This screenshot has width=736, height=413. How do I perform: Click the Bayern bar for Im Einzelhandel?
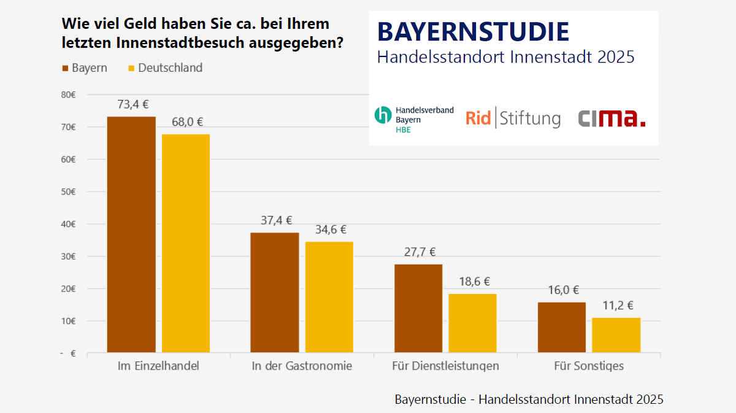point(131,234)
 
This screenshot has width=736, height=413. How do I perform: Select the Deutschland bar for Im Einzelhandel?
point(185,243)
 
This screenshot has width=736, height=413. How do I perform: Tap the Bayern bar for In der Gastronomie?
point(275,293)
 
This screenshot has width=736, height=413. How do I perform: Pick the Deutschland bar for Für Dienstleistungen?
point(472,323)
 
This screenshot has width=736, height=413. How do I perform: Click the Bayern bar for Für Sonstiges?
point(562,327)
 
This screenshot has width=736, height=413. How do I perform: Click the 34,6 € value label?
point(331,230)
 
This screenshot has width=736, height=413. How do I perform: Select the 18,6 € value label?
point(474,282)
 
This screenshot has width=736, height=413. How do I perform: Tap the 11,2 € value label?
point(618,306)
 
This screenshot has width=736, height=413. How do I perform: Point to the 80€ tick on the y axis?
point(68,95)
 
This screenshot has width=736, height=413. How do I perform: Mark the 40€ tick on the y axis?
point(68,224)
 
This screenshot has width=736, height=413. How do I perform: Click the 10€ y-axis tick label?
point(68,321)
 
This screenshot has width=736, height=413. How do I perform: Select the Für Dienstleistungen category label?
point(445,366)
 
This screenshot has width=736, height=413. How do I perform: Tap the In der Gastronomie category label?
point(302,366)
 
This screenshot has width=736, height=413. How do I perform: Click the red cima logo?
point(611,118)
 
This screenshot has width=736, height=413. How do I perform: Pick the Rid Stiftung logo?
point(513,118)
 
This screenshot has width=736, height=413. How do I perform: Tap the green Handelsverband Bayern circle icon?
point(383,115)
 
